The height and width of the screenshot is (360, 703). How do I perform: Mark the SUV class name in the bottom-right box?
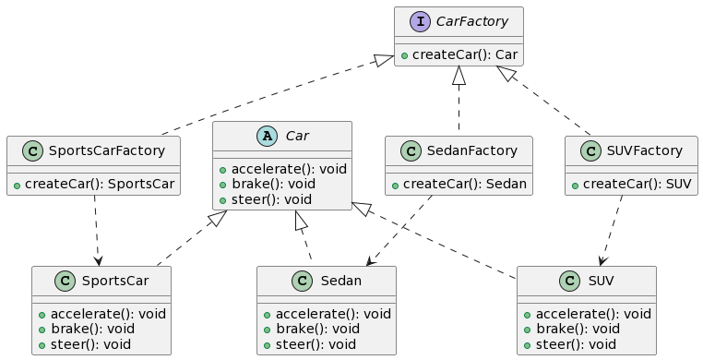[600, 280]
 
